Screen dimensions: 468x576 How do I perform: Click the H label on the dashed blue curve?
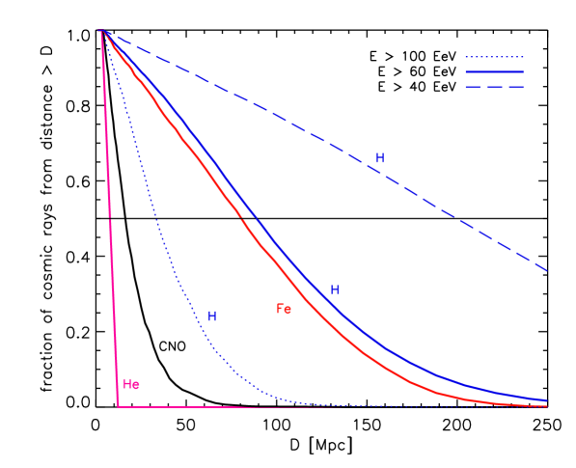coord(379,158)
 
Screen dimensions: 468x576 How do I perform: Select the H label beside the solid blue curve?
coord(335,290)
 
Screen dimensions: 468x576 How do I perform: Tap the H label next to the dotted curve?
coord(211,317)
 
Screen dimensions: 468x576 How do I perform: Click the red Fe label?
coord(284,309)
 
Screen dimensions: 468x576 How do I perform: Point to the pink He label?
coord(131,384)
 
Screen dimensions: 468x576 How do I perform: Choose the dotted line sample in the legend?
coord(494,57)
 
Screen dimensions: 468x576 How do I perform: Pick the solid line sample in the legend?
coord(494,71)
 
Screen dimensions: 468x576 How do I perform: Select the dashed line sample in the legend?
coord(494,87)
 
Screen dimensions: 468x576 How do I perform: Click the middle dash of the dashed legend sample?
coord(494,87)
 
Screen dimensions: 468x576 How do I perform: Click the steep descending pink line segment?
coord(109,222)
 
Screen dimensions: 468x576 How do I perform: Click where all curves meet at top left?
coord(101,31)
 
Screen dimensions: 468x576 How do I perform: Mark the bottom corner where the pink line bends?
coord(118,406)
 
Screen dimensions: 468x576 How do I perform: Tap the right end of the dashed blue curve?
coord(546,270)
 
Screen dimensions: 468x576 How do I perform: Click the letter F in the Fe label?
coord(280,309)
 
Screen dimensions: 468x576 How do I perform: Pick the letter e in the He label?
coord(136,384)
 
